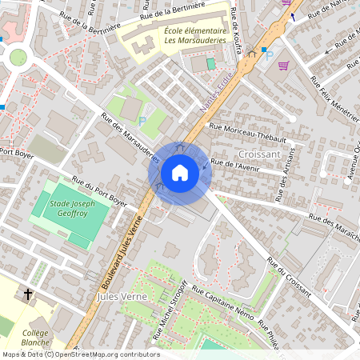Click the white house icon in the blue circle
pos(180,173)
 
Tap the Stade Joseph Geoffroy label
pos(73,210)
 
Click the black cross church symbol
pos(29,294)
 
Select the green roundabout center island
pos(18,57)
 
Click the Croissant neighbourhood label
pos(259,153)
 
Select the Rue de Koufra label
pos(237,24)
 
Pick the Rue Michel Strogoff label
pos(176,311)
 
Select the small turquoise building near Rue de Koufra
pos(211,63)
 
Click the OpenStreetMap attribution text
pos(81,354)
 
